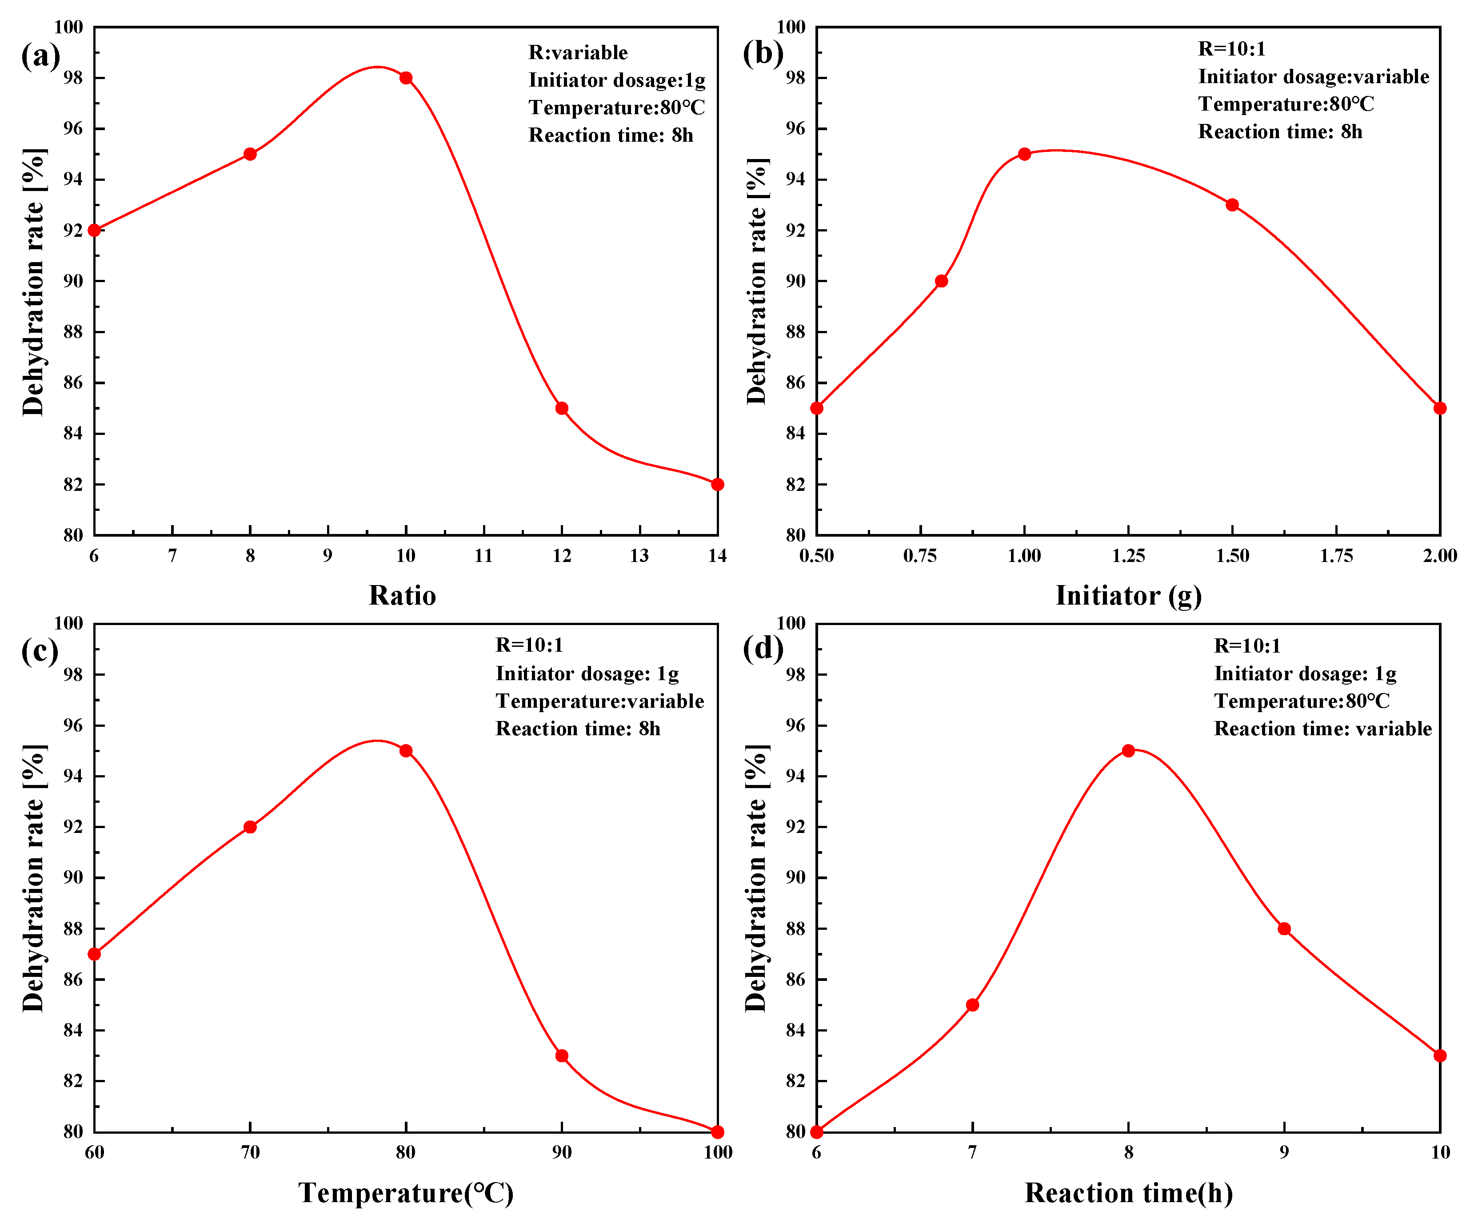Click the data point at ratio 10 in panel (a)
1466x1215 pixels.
(x=406, y=77)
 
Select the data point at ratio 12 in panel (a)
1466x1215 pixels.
(x=561, y=407)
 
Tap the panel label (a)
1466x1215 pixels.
(x=40, y=55)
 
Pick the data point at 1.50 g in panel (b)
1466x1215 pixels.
(x=1232, y=204)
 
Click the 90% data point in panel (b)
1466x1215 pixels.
(x=941, y=281)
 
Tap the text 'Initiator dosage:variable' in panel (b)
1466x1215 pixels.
(x=1313, y=76)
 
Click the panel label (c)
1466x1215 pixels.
(x=40, y=650)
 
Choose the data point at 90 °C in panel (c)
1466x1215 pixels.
(x=561, y=1055)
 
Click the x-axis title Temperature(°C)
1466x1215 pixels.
(x=406, y=1192)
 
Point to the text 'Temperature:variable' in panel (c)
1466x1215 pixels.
(x=599, y=701)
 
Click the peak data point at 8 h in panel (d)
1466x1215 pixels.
(x=1128, y=750)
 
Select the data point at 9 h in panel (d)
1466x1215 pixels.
(x=1284, y=928)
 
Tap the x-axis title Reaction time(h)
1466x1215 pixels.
(x=1128, y=1192)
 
